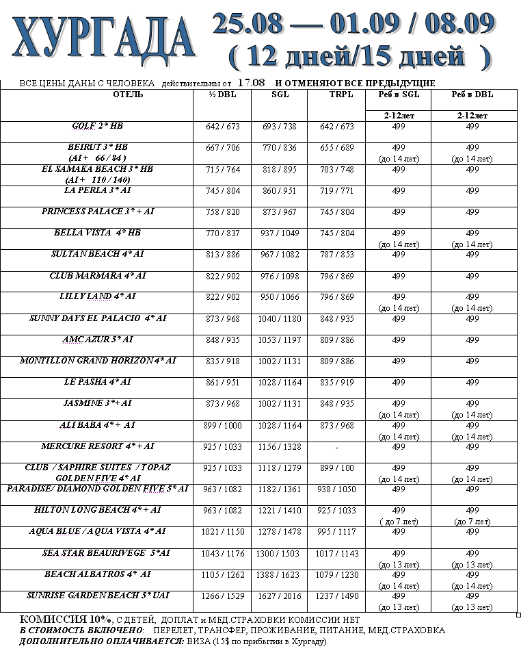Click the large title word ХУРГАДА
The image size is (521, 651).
pos(103,39)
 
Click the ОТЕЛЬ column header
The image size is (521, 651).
pos(128,94)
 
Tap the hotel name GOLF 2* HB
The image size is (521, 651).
pos(97,127)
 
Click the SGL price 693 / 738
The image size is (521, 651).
pos(280,127)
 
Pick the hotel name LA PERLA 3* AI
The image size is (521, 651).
pos(97,190)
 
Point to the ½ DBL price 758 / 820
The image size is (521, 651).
pos(222,212)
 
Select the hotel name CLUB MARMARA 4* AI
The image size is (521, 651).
pos(97,276)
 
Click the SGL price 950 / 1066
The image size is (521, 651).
pos(280,298)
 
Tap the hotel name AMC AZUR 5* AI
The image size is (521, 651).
pos(97,340)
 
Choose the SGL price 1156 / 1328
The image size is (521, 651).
pos(280,447)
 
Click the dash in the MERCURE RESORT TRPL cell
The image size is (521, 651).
pos(337,447)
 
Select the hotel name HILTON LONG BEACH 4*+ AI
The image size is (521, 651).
pos(97,510)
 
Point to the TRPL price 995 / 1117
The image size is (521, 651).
pos(337,532)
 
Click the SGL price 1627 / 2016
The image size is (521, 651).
pos(280,596)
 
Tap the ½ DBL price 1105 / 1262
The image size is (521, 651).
pos(222,575)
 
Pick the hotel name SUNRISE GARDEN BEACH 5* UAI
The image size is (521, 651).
pos(97,596)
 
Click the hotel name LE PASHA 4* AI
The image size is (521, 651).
pos(97,382)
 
